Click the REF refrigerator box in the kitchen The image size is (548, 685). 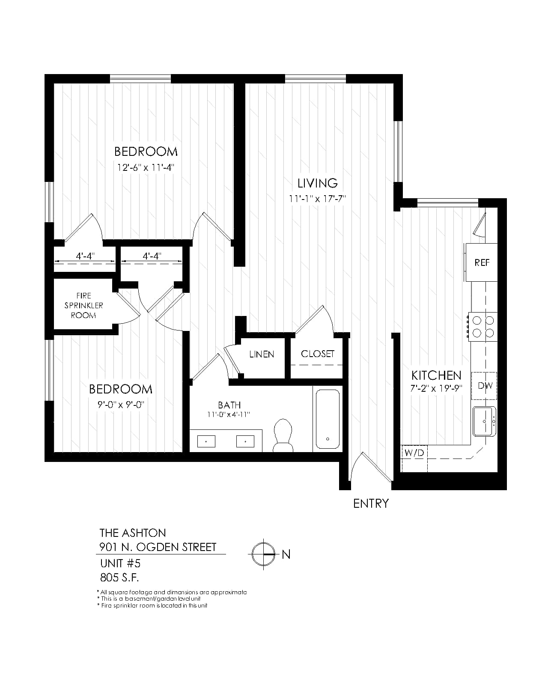(481, 262)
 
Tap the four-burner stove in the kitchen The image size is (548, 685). (482, 327)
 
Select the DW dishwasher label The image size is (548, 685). (485, 385)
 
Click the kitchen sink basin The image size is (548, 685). (484, 421)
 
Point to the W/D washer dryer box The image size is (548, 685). (414, 459)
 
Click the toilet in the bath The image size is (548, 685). (283, 435)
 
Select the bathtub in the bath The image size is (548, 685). (328, 419)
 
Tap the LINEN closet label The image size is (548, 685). (262, 354)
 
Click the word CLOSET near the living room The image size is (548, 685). (318, 354)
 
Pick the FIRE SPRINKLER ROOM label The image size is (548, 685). (84, 306)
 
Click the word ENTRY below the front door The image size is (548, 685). (371, 503)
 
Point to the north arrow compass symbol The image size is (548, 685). (263, 554)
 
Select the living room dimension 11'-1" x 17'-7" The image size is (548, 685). (317, 199)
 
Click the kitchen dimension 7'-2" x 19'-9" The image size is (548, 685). (436, 388)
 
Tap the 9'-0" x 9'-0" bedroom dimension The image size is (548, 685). (121, 405)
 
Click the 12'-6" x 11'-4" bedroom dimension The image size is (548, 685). (146, 167)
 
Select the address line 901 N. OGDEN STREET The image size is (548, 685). (158, 547)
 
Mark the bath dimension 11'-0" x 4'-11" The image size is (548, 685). (229, 414)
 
